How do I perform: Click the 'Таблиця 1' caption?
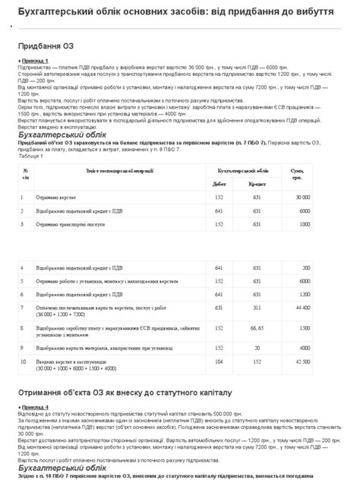coord(31,153)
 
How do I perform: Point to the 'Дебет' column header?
coord(219,184)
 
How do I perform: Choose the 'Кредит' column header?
coord(257,184)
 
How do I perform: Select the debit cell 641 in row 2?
coord(219,210)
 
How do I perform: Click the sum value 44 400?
coord(302,308)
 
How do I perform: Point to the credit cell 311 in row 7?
coord(257,308)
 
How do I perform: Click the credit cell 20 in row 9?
coord(257,347)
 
